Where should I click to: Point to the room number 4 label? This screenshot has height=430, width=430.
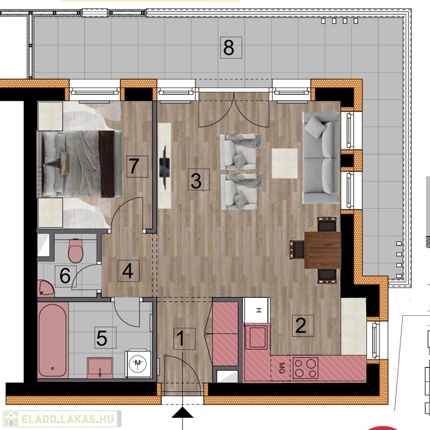[128, 270]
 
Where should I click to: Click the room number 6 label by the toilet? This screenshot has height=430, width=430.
[66, 276]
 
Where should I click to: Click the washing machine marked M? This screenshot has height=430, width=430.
[138, 363]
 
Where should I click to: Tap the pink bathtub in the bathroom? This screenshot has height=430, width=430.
[53, 340]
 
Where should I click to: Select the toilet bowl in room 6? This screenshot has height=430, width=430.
[76, 251]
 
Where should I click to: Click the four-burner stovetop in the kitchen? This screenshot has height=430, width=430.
[305, 368]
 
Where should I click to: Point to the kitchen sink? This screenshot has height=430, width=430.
[256, 337]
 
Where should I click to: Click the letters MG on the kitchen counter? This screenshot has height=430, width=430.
[282, 368]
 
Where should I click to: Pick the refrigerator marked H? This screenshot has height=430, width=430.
[256, 310]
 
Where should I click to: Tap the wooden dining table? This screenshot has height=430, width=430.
[322, 250]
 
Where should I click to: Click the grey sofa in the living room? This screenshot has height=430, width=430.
[321, 158]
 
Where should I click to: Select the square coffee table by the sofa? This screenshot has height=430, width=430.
[284, 163]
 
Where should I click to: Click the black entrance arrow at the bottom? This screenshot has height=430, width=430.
[183, 413]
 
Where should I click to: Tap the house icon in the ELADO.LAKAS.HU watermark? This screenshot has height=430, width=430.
[11, 419]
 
